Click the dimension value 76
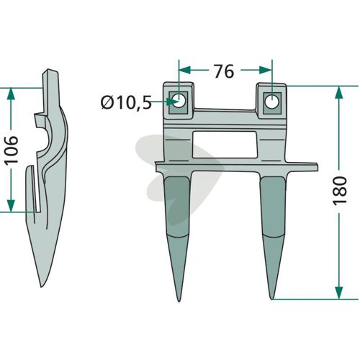click(224, 71)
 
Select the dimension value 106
click(12, 149)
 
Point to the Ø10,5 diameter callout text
click(127, 102)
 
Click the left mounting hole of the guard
click(179, 100)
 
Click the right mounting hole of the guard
click(272, 101)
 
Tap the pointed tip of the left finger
click(179, 301)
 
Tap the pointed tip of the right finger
click(272, 299)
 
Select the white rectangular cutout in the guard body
click(225, 145)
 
